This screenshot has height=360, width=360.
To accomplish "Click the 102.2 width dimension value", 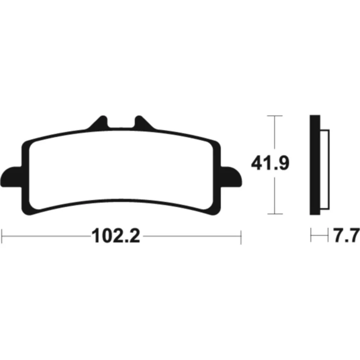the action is (116, 235).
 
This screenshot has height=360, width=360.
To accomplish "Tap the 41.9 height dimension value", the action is (270, 163).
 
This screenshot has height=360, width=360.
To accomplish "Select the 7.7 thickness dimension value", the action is (346, 235).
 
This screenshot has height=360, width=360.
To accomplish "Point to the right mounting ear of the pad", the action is (231, 177).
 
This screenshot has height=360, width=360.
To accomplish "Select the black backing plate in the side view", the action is (315, 165).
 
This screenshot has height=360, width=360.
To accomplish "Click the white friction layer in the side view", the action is (325, 170).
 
